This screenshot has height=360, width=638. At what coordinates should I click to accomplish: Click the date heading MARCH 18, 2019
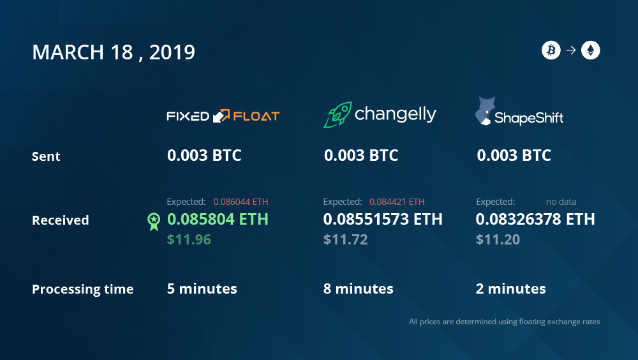coord(114,52)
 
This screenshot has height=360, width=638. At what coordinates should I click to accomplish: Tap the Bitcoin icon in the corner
coord(551,50)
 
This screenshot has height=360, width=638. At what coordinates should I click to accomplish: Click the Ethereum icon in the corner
coord(590,50)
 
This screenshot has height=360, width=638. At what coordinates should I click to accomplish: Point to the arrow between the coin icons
coord(571,50)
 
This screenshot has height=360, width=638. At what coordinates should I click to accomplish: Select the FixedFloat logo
coord(223,116)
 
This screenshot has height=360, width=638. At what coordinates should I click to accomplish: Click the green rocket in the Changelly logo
coord(338,114)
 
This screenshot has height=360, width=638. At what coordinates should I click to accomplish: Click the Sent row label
coord(46,156)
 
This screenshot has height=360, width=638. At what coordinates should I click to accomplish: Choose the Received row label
coord(60,220)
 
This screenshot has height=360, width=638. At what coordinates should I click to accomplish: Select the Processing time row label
coord(82,289)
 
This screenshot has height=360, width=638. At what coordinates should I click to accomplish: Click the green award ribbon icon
coord(154,221)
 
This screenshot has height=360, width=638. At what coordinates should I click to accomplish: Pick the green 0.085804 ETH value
coord(218,219)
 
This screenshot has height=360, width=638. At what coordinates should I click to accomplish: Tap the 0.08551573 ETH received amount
coord(382,219)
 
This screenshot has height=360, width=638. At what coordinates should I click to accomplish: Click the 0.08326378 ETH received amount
coord(535,219)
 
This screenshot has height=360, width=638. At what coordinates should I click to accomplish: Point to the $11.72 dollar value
coord(345,239)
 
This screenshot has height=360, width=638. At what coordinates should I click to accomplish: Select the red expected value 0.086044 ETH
coord(241,202)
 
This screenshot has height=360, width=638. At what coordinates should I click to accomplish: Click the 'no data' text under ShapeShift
coord(561,202)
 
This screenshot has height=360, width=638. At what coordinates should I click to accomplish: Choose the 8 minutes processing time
coord(358,289)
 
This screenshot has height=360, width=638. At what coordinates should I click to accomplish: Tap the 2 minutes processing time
coord(510,289)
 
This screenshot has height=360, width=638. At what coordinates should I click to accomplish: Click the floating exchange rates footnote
coord(505,322)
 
